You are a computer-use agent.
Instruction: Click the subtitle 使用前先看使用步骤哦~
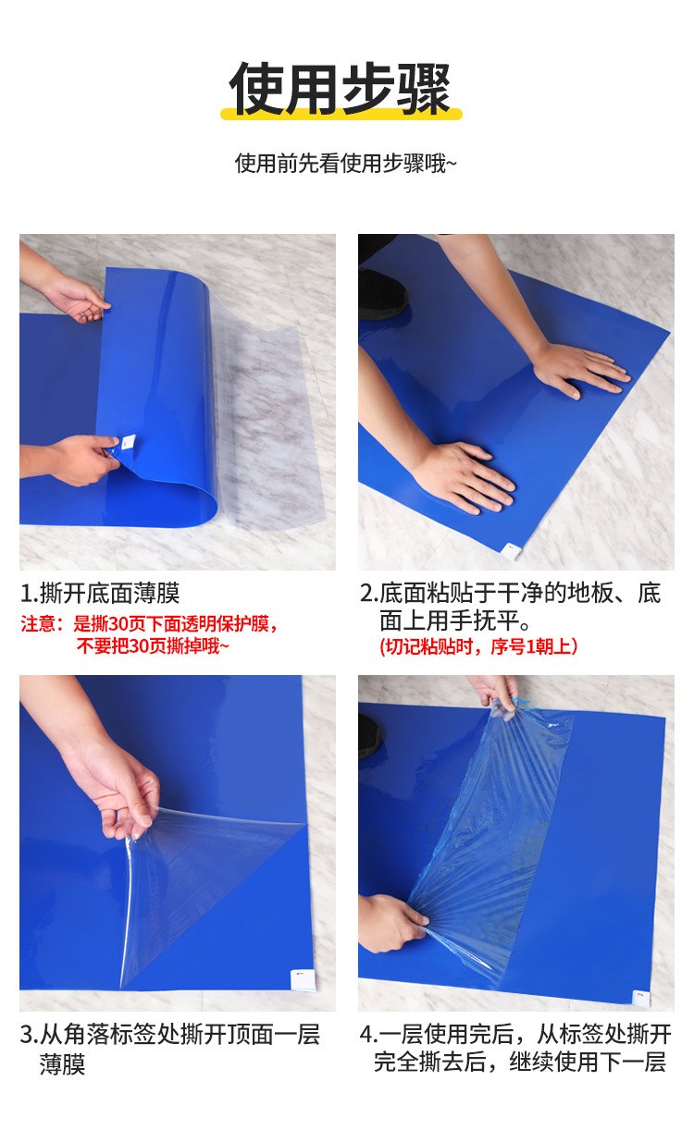click(346, 164)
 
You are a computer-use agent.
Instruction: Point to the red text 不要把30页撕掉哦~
click(153, 646)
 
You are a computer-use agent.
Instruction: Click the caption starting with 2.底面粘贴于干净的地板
click(510, 593)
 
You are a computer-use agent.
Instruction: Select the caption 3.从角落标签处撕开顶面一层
click(170, 1034)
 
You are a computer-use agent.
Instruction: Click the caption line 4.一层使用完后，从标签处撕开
click(514, 1034)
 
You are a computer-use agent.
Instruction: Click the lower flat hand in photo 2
click(467, 476)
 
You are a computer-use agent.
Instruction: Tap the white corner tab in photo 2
click(512, 552)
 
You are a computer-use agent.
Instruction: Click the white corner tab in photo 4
click(640, 996)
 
